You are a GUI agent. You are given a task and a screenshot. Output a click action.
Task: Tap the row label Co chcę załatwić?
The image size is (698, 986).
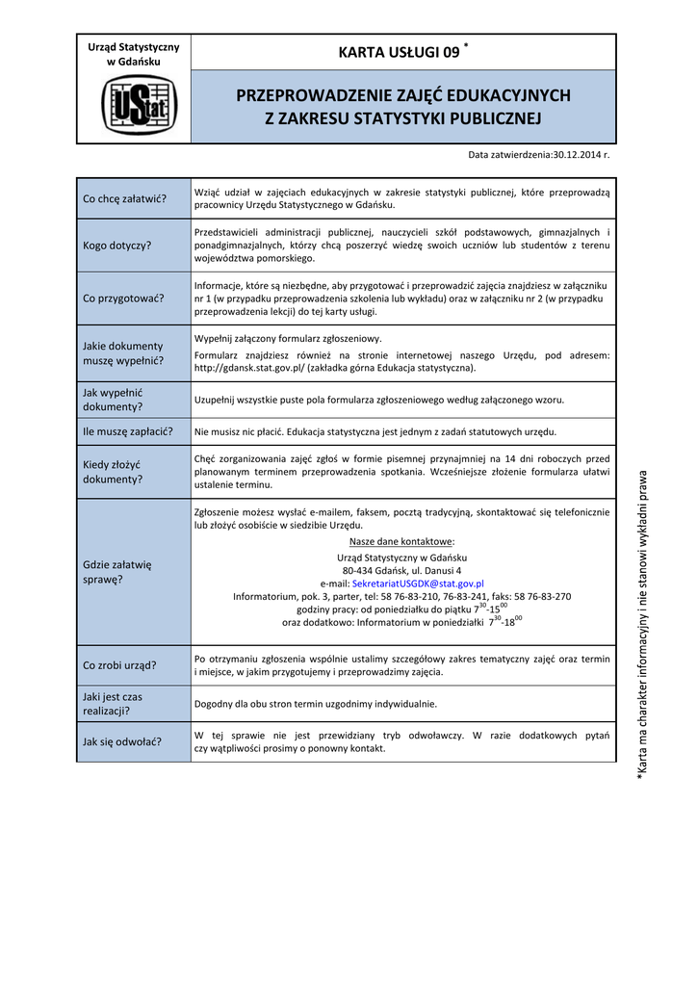coord(125,199)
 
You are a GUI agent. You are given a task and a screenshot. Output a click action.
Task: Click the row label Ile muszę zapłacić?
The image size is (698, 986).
coord(128,431)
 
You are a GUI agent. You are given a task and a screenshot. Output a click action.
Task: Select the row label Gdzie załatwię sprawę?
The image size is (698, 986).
coord(111,571)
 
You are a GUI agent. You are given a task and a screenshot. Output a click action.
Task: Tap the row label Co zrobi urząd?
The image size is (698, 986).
coord(120,665)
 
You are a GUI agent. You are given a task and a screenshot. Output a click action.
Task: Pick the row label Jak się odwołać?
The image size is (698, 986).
coord(122,741)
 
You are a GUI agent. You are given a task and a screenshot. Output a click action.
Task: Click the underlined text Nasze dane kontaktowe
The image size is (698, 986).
coord(401,542)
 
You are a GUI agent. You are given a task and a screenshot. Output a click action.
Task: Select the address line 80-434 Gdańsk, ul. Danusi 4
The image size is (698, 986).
coord(401,570)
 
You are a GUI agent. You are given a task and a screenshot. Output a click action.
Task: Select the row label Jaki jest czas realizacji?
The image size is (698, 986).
coord(113,703)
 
